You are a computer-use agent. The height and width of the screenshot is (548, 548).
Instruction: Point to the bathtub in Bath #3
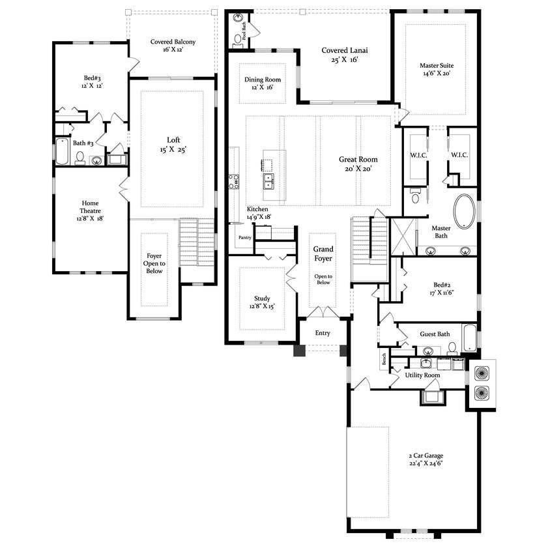click(x=61, y=151)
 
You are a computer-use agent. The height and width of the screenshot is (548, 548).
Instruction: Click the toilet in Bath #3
click(x=79, y=158)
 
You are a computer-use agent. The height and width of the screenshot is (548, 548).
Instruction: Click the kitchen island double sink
click(x=268, y=180)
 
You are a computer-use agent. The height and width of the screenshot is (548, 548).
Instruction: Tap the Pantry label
click(x=245, y=238)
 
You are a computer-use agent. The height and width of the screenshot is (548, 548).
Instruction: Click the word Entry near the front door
click(x=322, y=333)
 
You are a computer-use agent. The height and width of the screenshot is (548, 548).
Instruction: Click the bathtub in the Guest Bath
click(x=469, y=337)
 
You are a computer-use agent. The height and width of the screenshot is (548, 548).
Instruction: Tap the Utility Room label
click(x=422, y=375)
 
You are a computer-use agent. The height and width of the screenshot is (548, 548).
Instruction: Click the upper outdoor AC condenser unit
click(x=482, y=373)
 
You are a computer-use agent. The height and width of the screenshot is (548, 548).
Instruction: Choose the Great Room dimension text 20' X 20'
click(x=358, y=168)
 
